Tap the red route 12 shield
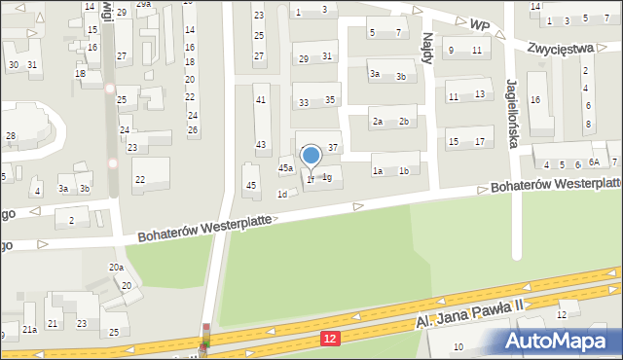point(333,337)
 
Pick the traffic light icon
point(205,341)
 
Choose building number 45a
point(285,168)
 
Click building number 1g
point(328,177)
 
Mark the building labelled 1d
point(282,194)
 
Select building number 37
point(333,147)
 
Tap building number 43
point(260,145)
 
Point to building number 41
point(260,100)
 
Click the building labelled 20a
point(116,268)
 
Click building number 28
point(10,135)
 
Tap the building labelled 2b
point(403,122)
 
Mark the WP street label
point(478,22)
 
